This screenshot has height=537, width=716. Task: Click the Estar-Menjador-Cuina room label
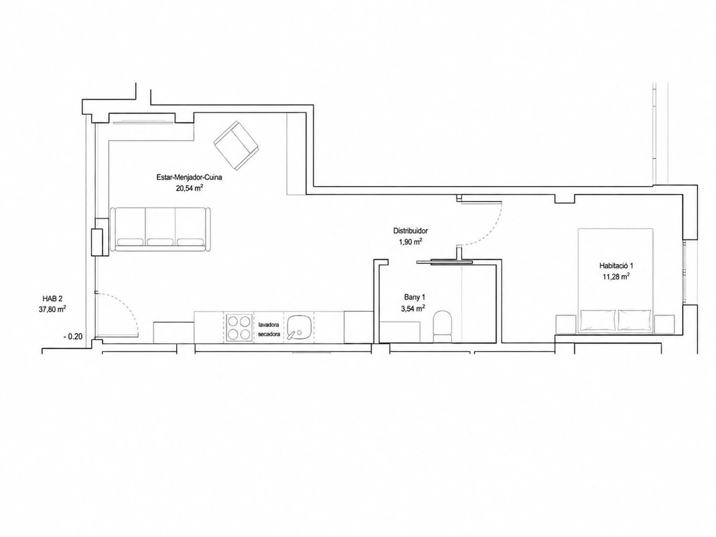click(189, 178)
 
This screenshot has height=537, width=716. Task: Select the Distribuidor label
click(411, 231)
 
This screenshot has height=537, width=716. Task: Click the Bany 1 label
click(415, 297)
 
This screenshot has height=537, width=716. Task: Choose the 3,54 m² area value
click(412, 308)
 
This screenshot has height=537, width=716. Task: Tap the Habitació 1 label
click(616, 265)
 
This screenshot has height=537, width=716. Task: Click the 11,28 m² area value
click(616, 277)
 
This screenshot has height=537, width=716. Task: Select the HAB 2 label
click(52, 298)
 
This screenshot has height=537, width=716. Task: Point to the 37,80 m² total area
click(53, 309)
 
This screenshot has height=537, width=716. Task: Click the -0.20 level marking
click(73, 337)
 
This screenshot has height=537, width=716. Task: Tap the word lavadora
click(269, 325)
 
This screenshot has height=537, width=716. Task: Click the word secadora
click(269, 334)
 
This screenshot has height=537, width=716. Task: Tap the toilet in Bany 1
click(442, 326)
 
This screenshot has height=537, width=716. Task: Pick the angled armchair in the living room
click(236, 146)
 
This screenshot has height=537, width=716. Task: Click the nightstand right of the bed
click(664, 325)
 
